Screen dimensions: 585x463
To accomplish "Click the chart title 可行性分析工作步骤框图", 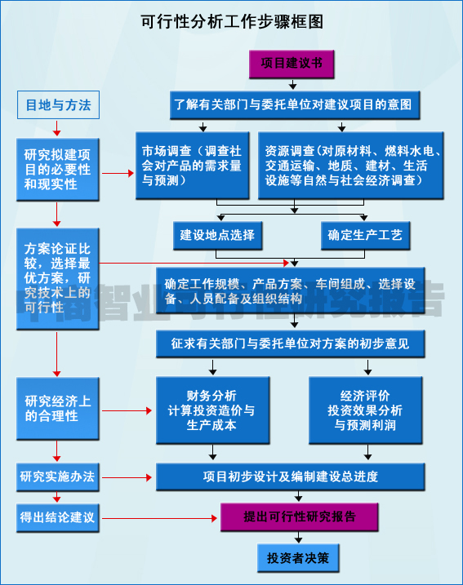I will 232,21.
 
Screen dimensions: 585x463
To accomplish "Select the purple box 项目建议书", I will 292,63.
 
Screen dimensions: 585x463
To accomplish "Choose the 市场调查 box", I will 191,165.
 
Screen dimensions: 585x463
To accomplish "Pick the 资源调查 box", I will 351,165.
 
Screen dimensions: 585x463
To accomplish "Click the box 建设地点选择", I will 217,235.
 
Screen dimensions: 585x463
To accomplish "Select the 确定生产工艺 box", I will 364,235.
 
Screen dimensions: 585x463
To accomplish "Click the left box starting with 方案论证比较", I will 57,278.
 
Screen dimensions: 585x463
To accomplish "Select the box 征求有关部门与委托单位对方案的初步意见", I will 291,343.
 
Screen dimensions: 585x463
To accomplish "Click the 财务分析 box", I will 211,410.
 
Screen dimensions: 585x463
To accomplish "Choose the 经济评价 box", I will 366,410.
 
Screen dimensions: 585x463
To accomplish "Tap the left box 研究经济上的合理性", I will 57,408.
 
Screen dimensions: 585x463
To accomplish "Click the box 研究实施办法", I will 57,476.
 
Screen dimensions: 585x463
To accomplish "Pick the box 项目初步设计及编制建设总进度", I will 291,476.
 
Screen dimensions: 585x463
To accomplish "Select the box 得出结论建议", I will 57,516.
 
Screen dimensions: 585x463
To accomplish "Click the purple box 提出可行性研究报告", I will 300,516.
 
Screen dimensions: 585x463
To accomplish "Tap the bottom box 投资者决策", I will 297,559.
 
